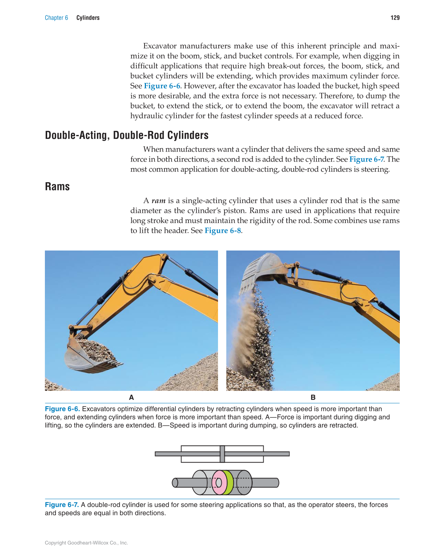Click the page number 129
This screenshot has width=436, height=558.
click(395, 18)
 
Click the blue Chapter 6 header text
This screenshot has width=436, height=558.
click(56, 18)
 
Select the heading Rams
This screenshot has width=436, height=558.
click(57, 187)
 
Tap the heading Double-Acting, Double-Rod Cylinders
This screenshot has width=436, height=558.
click(127, 135)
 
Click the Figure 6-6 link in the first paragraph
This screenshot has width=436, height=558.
click(162, 86)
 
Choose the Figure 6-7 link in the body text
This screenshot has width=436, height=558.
click(366, 159)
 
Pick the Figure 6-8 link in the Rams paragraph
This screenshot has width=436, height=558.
click(223, 231)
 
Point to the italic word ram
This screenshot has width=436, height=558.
click(158, 201)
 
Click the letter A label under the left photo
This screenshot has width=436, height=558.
click(131, 397)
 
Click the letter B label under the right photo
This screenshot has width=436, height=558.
click(313, 397)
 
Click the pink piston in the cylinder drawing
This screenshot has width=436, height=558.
click(218, 483)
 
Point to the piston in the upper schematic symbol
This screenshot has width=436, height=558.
click(222, 454)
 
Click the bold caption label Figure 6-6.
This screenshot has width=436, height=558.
click(62, 409)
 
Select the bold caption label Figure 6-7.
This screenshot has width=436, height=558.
click(62, 505)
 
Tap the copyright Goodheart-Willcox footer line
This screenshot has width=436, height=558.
click(86, 543)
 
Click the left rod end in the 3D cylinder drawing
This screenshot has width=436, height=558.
click(175, 483)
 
